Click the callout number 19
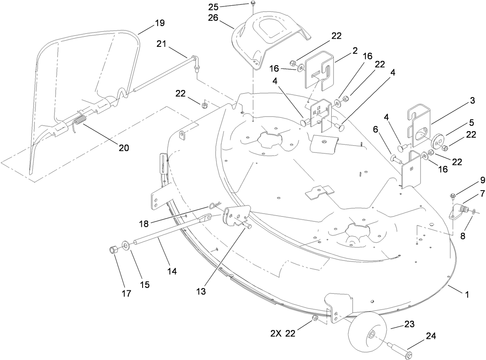tap(160, 23)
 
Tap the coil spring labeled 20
tap(80, 121)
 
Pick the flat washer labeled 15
tap(126, 244)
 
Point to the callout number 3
tap(472, 101)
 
